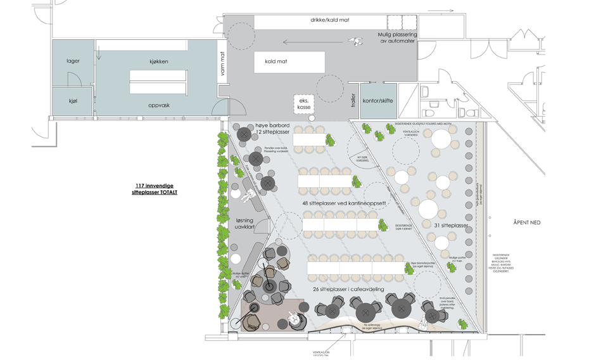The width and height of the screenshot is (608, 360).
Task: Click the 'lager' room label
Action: pos(73,61)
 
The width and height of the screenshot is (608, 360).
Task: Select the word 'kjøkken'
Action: pos(159,61)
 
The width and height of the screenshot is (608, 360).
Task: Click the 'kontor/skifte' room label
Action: pos(377,101)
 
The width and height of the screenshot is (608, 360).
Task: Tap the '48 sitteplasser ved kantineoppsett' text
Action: pos(345,203)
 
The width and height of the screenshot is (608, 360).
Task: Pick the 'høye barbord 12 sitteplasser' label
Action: pos(271,129)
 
